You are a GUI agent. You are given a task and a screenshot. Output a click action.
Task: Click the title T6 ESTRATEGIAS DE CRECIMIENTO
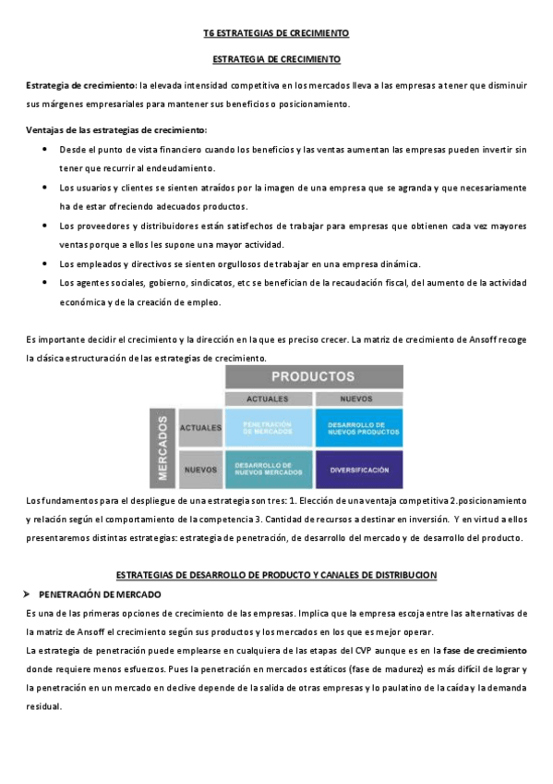276,33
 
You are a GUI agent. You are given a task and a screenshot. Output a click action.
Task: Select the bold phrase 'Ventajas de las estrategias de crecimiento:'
116,129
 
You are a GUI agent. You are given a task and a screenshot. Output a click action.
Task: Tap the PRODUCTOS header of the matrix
313,377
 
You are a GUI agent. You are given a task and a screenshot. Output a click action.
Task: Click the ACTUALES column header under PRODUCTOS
268,398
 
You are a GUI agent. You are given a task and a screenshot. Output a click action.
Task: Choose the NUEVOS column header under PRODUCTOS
358,398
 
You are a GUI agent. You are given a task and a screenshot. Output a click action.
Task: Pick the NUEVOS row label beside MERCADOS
200,470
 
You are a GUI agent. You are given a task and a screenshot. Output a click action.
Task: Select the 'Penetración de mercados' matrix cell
268,427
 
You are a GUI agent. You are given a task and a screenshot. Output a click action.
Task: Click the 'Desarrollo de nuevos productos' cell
359,427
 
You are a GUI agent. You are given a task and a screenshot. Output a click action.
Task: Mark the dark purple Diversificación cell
359,469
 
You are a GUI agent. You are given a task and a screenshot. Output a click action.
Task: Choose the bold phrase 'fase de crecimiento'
484,651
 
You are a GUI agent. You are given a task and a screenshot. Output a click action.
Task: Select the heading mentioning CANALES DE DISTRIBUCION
276,575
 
